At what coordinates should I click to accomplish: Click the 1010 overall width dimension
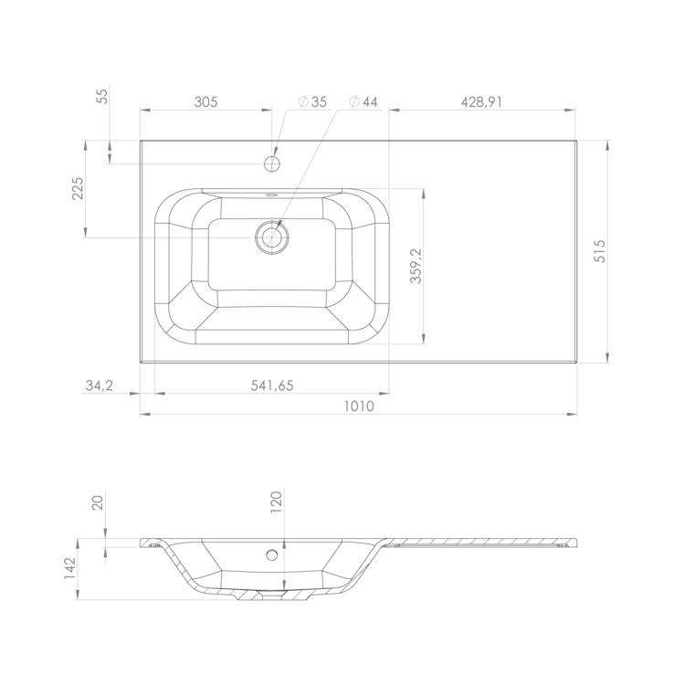[x=359, y=406]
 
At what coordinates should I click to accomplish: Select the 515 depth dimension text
[x=600, y=251]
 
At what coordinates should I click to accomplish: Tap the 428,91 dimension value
[x=481, y=101]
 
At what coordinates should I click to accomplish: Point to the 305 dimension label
[x=205, y=101]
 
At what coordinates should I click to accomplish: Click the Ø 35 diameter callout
[x=312, y=101]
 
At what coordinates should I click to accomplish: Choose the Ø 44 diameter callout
[x=363, y=101]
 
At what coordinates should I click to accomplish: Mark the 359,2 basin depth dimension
[x=416, y=266]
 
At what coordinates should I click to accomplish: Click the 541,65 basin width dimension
[x=272, y=385]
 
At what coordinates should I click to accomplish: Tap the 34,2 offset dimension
[x=100, y=385]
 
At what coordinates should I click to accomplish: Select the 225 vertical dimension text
[x=78, y=188]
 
